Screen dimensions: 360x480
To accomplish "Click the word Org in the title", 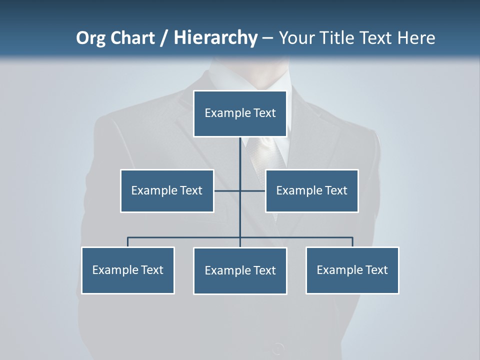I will point(91,38).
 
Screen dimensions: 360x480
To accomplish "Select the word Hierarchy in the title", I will point(215,38).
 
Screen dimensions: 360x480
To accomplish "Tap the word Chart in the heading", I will point(132,37).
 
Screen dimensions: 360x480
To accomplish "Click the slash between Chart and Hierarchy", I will point(164,38).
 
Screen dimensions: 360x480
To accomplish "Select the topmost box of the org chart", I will point(240,113).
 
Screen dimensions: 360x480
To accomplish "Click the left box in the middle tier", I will point(167,190).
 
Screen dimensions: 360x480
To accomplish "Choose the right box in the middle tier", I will point(311,190).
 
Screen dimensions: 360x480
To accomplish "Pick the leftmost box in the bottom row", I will point(127,270).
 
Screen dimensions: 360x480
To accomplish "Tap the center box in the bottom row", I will point(240,270).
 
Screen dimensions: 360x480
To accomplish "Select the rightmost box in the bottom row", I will point(352,270).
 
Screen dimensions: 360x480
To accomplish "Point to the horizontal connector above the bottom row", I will point(185,237).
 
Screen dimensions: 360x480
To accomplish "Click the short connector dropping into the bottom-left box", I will point(127,242).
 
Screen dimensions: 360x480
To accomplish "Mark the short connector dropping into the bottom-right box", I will point(352,242).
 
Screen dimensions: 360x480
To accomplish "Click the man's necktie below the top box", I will point(260,155).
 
